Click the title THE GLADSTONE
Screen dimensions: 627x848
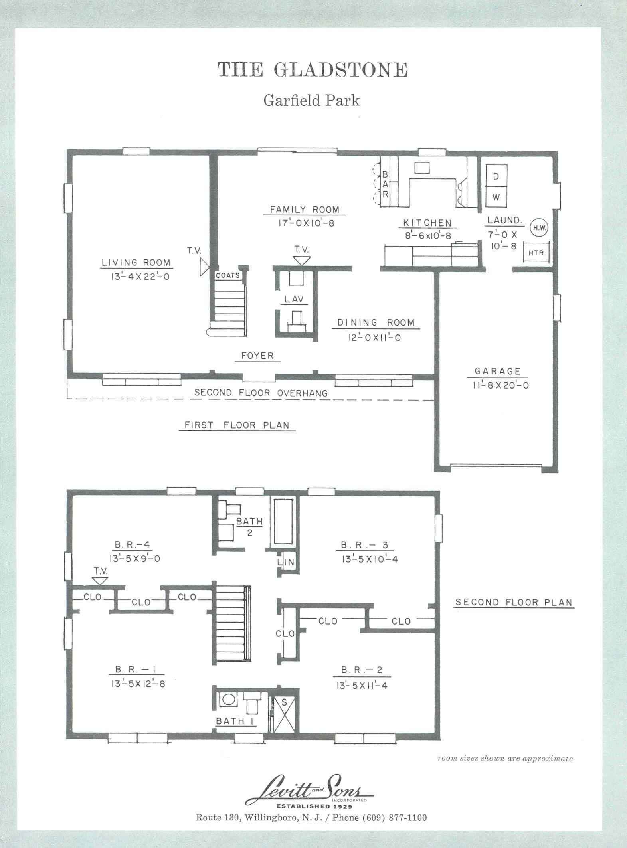(x=313, y=69)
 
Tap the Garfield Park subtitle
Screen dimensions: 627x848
(x=311, y=100)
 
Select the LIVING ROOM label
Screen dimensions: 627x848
(x=136, y=263)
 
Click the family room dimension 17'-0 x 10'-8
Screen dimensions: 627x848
(x=306, y=223)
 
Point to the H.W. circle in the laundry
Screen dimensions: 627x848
(x=540, y=228)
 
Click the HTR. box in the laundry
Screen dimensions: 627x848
(x=537, y=252)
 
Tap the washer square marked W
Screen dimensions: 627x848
(x=496, y=197)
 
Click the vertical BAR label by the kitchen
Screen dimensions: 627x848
(x=385, y=184)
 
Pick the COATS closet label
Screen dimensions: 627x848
(x=228, y=275)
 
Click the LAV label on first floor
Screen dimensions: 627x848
(x=294, y=299)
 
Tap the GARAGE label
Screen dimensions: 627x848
(x=498, y=371)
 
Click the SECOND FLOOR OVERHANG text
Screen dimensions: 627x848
(x=261, y=393)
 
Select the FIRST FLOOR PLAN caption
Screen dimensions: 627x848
(x=237, y=425)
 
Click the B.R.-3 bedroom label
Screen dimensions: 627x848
(x=364, y=545)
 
